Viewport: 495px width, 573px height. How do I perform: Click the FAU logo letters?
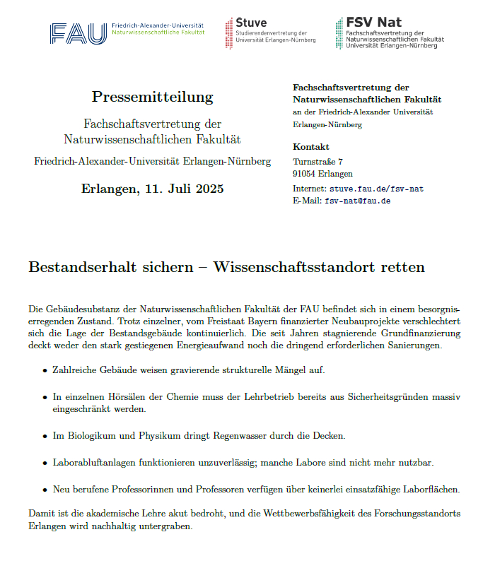tap(78, 33)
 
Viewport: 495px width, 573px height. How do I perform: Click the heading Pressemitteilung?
tap(152, 97)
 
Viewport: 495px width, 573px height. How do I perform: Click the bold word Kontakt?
tap(310, 147)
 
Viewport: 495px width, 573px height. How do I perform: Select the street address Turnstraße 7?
tap(318, 162)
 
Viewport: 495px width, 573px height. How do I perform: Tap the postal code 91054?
tap(303, 174)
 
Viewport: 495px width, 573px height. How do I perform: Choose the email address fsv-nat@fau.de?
tap(357, 201)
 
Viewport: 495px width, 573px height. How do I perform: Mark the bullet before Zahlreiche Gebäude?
tap(45, 370)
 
